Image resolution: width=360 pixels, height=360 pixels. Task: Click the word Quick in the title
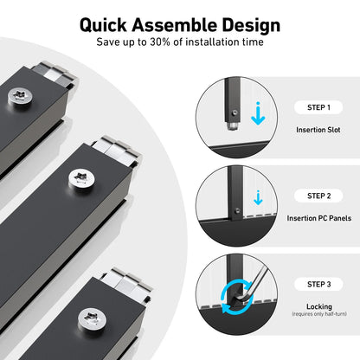coord(103,25)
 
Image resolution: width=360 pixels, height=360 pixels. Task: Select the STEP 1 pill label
coord(318,107)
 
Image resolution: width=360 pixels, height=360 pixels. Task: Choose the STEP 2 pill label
coord(318,196)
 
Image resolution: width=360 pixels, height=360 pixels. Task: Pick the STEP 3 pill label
coord(318,285)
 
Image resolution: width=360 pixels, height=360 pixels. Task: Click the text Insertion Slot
coord(318,130)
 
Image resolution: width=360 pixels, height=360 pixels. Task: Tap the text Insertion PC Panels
coord(319,218)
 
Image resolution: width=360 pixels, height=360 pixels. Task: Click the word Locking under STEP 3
coord(319,306)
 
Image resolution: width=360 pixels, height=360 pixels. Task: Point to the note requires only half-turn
coord(319,314)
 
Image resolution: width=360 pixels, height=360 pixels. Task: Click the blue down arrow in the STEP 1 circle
coord(258,115)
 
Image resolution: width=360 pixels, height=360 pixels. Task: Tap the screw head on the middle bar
coord(81,178)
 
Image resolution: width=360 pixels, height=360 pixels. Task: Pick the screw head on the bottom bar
coord(92,319)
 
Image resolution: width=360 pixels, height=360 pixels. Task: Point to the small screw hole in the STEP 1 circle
coord(235,112)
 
